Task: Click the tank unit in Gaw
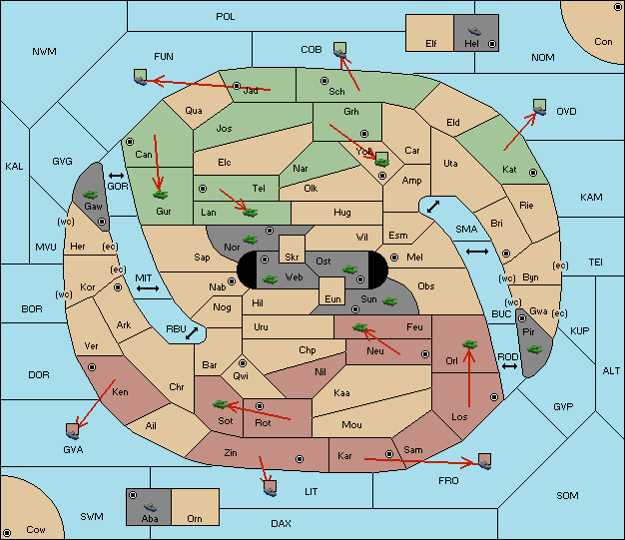pos(91,195)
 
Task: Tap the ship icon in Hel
pos(474,31)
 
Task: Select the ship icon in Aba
pos(151,507)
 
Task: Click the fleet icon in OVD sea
pos(540,107)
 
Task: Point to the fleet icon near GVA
pos(73,431)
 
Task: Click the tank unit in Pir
pos(534,349)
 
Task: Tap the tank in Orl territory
pos(469,344)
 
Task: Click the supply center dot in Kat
pos(533,173)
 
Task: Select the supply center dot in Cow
pos(7,532)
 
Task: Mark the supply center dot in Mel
pos(394,258)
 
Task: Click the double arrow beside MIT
pos(148,288)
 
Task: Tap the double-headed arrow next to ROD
pos(509,366)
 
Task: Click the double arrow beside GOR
pos(116,176)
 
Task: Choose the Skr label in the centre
pos(292,258)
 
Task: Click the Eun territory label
pos(332,298)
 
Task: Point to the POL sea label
pos(226,17)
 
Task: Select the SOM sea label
pos(567,495)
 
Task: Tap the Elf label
pos(431,44)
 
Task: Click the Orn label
pos(195,518)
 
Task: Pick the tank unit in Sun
pos(389,301)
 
